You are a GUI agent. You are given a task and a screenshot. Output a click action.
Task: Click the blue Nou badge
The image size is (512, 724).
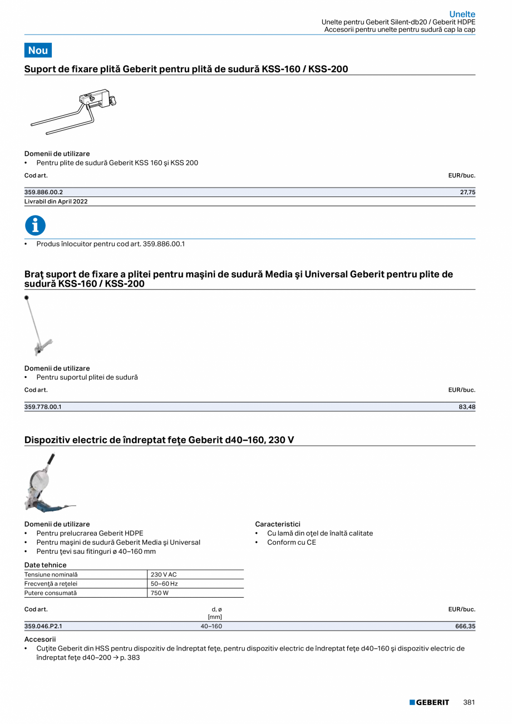click(x=38, y=50)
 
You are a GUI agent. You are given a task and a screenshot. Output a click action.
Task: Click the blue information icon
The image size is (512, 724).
click(x=35, y=225)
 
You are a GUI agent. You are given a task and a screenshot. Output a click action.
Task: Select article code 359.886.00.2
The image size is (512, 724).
click(x=43, y=192)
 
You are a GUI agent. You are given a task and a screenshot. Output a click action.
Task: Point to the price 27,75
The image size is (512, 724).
click(x=468, y=192)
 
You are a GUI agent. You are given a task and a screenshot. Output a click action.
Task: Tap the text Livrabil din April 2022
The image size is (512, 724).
click(x=56, y=201)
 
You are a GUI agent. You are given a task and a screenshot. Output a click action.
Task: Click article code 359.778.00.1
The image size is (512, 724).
click(x=43, y=407)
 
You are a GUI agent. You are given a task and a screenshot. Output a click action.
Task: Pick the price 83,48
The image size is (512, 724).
click(x=467, y=407)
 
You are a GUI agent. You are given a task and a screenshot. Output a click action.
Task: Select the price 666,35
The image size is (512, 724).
click(x=465, y=626)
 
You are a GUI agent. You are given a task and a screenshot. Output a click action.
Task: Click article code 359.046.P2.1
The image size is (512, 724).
click(x=43, y=626)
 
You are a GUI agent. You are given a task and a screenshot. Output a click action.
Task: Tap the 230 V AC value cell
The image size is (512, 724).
click(x=164, y=574)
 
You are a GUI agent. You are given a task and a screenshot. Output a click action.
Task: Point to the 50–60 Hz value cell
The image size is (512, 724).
click(x=164, y=584)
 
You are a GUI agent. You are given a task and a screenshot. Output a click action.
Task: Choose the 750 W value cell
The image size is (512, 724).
click(x=159, y=593)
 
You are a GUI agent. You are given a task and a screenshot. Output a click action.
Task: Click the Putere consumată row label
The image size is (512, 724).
click(x=51, y=593)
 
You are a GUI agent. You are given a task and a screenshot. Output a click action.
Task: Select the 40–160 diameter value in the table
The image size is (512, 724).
click(x=211, y=626)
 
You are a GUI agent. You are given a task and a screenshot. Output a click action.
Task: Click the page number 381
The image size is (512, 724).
click(x=469, y=702)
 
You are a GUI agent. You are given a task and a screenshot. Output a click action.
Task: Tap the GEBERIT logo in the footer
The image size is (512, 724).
click(x=429, y=702)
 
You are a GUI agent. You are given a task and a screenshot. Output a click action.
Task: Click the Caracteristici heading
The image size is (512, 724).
click(x=278, y=524)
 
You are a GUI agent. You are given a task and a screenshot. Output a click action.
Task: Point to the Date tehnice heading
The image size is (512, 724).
click(x=45, y=565)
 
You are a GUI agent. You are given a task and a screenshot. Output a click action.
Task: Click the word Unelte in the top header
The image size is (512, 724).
click(x=462, y=14)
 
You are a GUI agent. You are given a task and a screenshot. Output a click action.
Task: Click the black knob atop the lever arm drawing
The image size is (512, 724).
click(x=27, y=298)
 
